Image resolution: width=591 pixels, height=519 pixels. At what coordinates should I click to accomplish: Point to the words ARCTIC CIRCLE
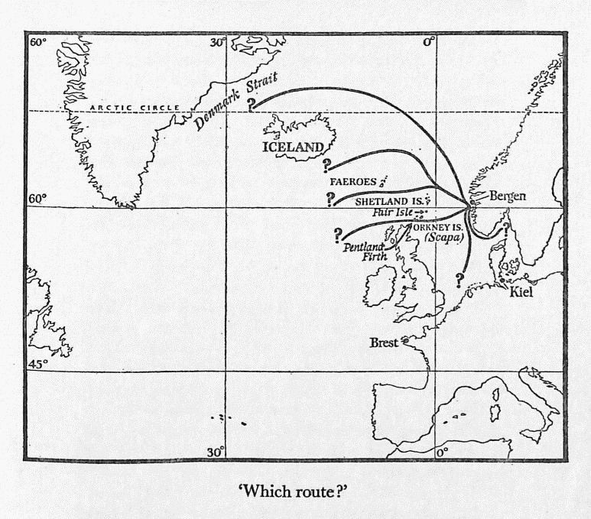[135, 109]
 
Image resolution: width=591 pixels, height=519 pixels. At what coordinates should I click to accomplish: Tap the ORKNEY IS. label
[437, 228]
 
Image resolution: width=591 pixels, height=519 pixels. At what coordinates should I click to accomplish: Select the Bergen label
[508, 196]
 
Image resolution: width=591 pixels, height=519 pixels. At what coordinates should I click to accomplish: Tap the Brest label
[384, 343]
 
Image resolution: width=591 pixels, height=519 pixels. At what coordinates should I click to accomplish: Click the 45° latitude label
[38, 364]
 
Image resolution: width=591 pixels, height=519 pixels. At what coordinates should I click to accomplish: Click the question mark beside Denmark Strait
[252, 102]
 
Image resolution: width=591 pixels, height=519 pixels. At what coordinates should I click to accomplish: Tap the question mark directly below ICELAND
[327, 165]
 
